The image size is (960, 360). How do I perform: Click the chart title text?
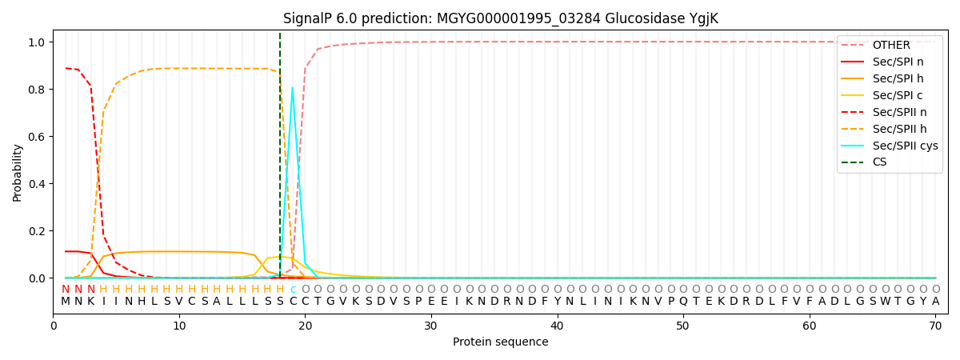[x=500, y=18]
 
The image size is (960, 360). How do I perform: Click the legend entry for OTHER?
[x=890, y=45]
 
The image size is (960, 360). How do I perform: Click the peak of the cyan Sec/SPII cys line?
[x=292, y=87]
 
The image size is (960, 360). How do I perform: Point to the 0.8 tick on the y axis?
[x=37, y=89]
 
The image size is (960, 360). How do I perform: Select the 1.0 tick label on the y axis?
[x=37, y=42]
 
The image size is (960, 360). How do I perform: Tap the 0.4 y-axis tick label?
[x=37, y=184]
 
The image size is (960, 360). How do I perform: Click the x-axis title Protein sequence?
[x=500, y=342]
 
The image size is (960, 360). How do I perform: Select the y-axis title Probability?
[x=18, y=172]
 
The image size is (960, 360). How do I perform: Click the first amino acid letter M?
[x=66, y=302]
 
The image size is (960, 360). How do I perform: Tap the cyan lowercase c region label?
[x=293, y=290]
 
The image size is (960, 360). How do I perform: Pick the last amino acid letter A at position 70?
[x=935, y=302]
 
